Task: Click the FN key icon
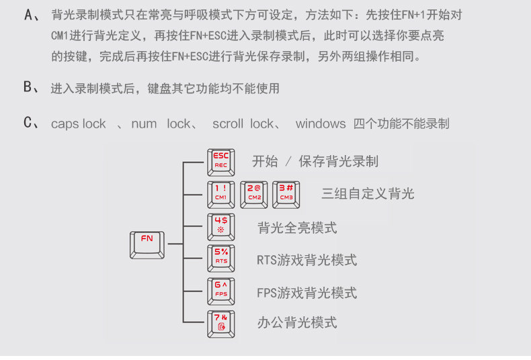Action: pos(147,244)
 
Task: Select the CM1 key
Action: pos(221,193)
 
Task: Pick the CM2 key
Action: pos(254,193)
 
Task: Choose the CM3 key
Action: pos(286,193)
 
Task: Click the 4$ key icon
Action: pos(221,227)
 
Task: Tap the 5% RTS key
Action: pos(221,258)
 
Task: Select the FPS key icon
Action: pos(221,291)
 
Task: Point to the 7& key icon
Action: pos(221,323)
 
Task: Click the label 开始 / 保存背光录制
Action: pos(315,161)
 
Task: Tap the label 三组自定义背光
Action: pos(368,194)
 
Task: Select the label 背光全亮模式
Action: pos(297,228)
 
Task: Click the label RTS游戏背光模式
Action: pos(307,260)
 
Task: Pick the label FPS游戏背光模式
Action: pos(307,293)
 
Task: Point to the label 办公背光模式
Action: pos(297,323)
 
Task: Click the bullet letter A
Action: pos(28,15)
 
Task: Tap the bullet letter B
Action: pos(28,87)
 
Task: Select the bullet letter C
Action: pos(28,123)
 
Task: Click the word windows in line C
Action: pos(321,124)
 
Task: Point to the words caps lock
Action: pos(79,124)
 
